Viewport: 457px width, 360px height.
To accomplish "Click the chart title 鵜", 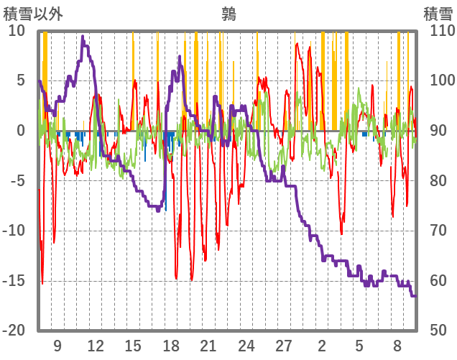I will pos(228,14).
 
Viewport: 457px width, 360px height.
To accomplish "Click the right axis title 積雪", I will pos(438,14).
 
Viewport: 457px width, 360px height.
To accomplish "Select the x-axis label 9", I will pos(57,346).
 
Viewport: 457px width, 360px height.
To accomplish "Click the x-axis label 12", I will pos(95,346).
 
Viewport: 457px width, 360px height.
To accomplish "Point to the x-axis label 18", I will pos(171,346).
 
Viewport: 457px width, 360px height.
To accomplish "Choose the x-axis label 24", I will pos(246,346).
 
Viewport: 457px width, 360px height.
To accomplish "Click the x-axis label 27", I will pos(285,346).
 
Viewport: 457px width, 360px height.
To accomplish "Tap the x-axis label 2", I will pos(322,346).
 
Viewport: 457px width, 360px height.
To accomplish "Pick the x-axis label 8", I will pos(397,346).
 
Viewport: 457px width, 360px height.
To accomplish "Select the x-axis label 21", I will pos(208,346).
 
